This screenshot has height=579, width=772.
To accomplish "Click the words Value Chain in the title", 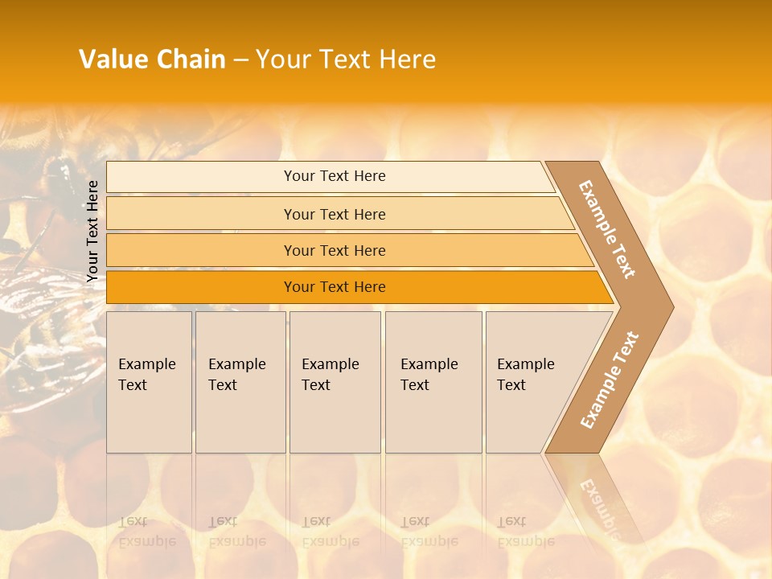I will (152, 60).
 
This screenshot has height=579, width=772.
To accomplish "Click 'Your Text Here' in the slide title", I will (346, 60).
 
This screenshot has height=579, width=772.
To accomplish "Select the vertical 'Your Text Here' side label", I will (92, 231).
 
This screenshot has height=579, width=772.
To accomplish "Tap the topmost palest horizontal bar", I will (334, 176).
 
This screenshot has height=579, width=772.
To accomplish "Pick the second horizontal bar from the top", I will (334, 214).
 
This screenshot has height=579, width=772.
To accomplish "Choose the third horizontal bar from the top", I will (334, 250).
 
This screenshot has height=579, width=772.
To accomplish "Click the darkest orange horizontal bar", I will (334, 287).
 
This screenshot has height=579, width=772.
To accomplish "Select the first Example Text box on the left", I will (149, 382).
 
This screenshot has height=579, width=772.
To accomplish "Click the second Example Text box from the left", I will (240, 382).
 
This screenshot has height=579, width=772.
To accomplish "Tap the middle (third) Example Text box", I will (334, 382).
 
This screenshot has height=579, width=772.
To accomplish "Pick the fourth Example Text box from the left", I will (433, 382).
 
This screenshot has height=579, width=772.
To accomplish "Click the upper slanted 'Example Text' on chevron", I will (607, 229).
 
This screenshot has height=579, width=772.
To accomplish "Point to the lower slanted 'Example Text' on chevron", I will (610, 380).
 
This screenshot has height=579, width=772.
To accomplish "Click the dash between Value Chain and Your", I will (240, 60).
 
